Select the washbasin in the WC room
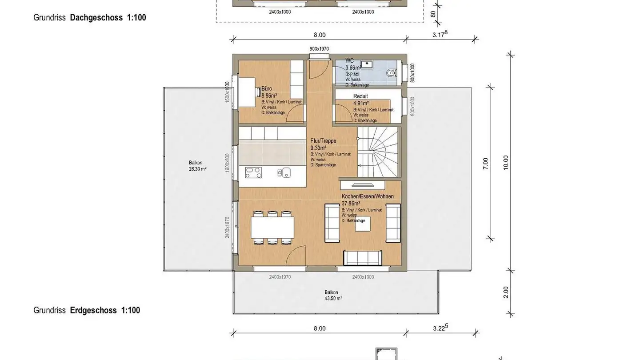click(x=367, y=64)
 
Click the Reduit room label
click(x=360, y=96)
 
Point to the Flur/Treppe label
click(x=323, y=141)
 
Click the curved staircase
click(x=378, y=151)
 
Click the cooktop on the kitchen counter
click(x=253, y=172)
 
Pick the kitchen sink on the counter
click(x=284, y=172)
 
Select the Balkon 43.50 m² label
click(x=333, y=295)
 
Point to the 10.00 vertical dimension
click(x=505, y=163)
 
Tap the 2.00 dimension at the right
click(x=506, y=292)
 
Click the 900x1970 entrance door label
click(x=319, y=48)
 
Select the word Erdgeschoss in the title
click(x=93, y=310)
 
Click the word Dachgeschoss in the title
click(x=96, y=18)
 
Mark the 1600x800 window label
click(x=227, y=163)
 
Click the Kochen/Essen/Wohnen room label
click(x=368, y=196)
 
